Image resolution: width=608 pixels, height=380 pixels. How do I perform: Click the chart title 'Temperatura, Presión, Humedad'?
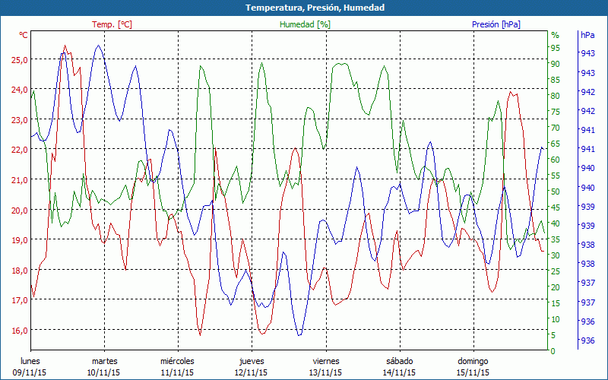pyautogui.click(x=304, y=8)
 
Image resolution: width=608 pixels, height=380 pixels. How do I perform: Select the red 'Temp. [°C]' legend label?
pyautogui.click(x=112, y=24)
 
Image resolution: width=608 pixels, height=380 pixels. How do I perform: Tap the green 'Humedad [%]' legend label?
pyautogui.click(x=305, y=24)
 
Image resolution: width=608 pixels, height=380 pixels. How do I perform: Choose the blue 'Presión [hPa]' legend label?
pyautogui.click(x=496, y=24)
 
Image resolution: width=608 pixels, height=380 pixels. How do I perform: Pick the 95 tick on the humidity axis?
pyautogui.click(x=555, y=48)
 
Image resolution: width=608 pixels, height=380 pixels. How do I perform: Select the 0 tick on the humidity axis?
pyautogui.click(x=553, y=351)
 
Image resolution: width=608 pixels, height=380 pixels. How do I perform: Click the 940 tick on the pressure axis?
pyautogui.click(x=587, y=187)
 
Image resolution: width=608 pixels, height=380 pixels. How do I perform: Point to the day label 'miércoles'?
pyautogui.click(x=177, y=361)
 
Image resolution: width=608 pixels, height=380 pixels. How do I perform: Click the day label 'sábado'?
pyautogui.click(x=399, y=361)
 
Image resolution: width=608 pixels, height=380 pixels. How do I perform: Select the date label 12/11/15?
pyautogui.click(x=251, y=372)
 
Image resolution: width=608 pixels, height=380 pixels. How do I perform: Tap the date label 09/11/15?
pyautogui.click(x=30, y=372)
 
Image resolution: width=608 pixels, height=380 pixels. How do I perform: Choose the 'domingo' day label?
pyautogui.click(x=472, y=361)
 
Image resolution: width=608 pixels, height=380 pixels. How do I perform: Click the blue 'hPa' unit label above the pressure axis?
pyautogui.click(x=587, y=35)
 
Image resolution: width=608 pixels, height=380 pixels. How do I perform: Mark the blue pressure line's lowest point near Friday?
pyautogui.click(x=299, y=335)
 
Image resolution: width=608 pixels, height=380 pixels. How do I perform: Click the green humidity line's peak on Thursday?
pyautogui.click(x=262, y=63)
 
